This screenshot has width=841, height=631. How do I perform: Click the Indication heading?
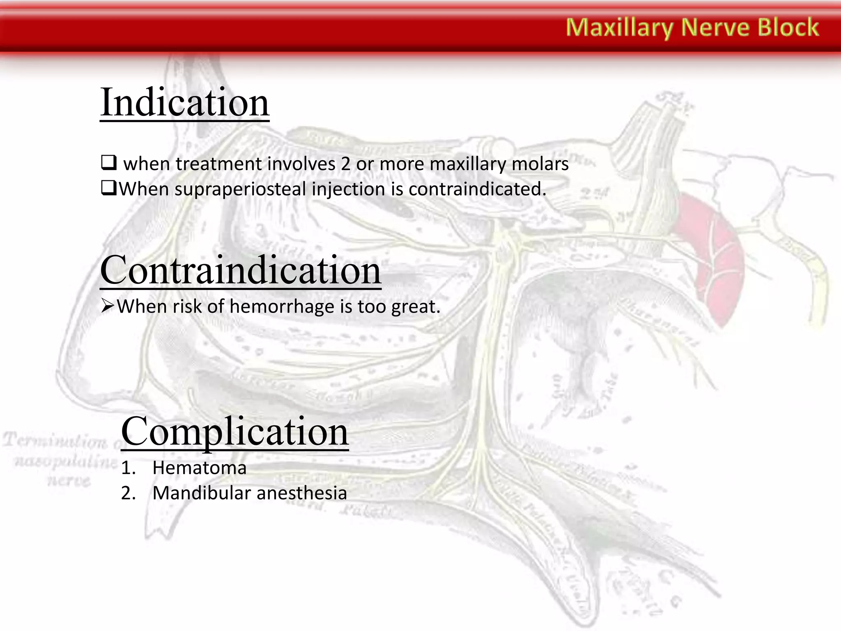tap(184, 102)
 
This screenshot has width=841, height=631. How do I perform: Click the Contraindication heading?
tap(241, 271)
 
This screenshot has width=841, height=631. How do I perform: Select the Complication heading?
tap(234, 432)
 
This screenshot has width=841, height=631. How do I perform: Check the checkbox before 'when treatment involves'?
tap(109, 163)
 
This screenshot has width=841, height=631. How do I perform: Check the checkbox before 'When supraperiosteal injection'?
tap(108, 189)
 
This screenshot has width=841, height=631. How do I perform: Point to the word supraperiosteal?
tap(241, 190)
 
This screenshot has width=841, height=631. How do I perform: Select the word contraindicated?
tap(477, 189)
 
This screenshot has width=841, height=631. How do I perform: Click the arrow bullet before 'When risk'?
tap(107, 306)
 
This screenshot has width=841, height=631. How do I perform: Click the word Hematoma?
tap(199, 468)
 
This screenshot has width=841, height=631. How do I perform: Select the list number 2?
tap(128, 493)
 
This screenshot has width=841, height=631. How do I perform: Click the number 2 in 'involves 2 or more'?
tap(345, 164)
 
